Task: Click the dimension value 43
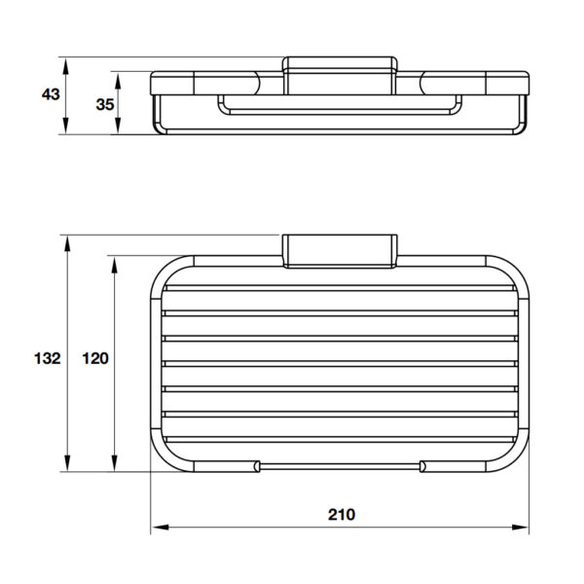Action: (51, 94)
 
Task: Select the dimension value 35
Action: (105, 104)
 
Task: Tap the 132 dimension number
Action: (48, 358)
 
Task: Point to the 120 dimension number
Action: (95, 358)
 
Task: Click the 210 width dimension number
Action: (342, 514)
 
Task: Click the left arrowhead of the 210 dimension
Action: (160, 528)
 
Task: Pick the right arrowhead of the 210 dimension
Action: (520, 528)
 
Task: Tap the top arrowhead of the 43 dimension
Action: (65, 66)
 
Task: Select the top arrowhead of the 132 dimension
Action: (67, 244)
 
